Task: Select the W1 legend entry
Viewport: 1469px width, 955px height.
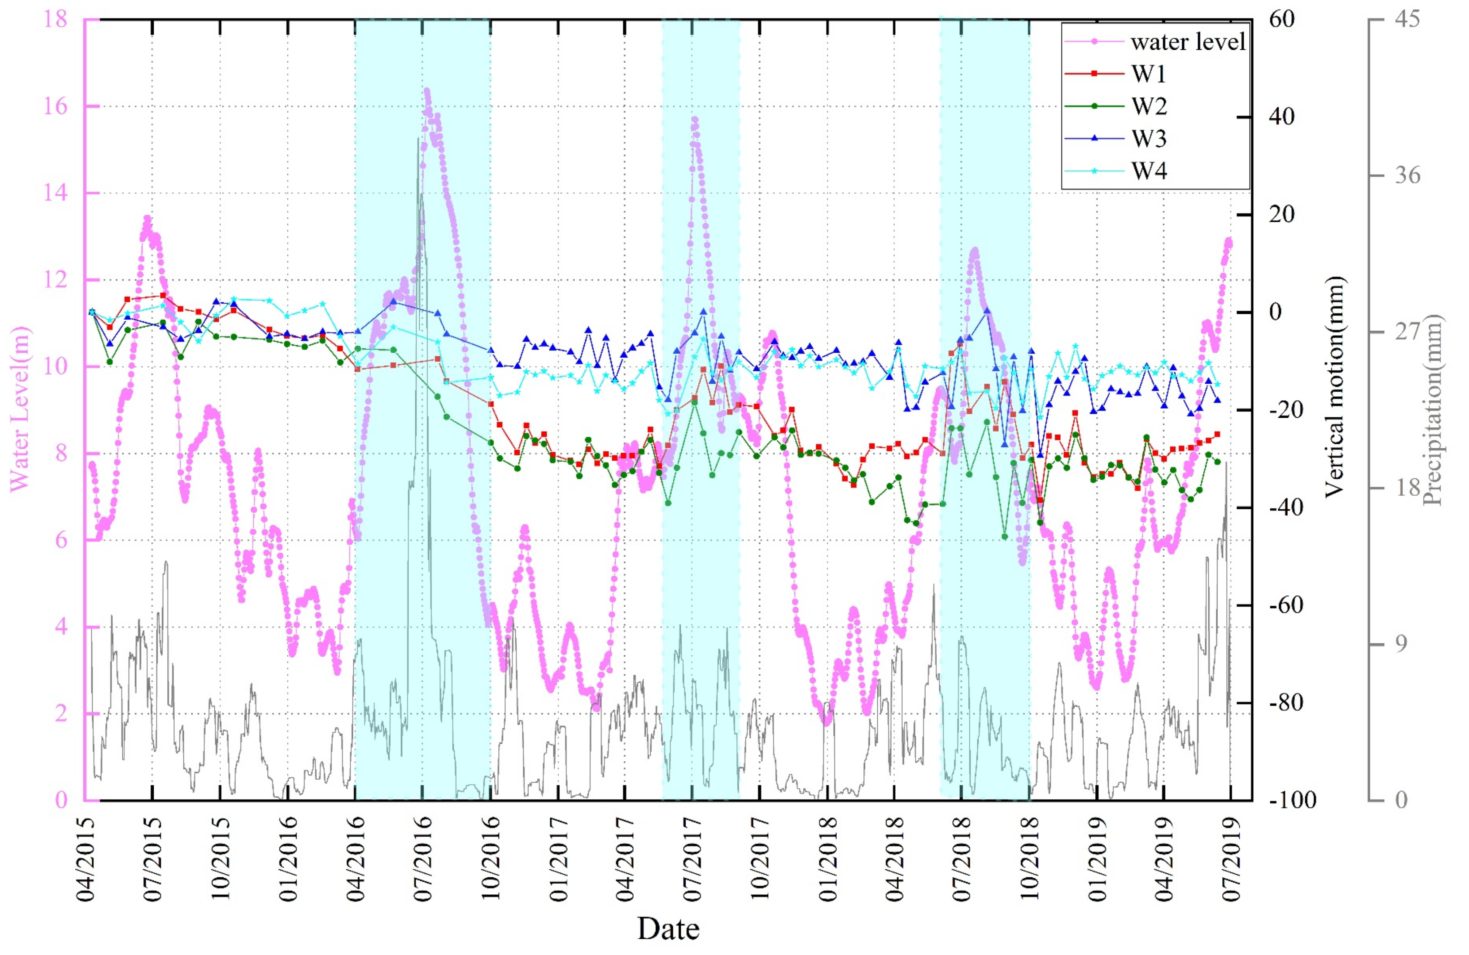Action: point(1148,74)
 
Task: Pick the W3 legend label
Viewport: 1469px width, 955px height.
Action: point(1148,139)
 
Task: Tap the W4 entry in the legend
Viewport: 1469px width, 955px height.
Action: point(1148,171)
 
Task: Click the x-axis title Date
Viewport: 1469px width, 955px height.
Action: point(669,928)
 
